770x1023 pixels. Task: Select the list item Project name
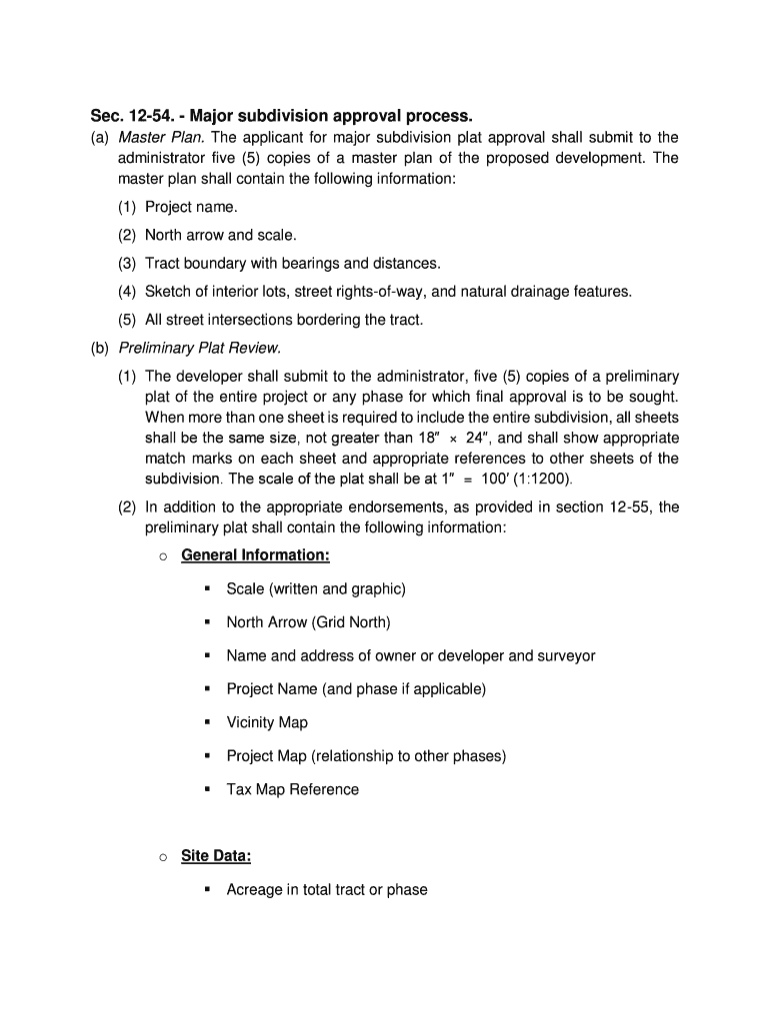(191, 207)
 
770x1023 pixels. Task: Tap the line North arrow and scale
(220, 235)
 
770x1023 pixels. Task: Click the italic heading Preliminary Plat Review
(200, 348)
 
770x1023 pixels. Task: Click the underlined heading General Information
(255, 554)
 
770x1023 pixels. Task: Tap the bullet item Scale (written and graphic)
(316, 588)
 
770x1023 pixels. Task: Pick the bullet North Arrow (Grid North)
(308, 622)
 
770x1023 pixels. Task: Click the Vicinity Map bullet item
(267, 722)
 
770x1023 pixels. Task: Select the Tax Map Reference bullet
(292, 789)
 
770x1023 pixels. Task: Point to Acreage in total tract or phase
(326, 889)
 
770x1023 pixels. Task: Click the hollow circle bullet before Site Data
(160, 857)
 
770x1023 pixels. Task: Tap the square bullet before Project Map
(206, 756)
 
